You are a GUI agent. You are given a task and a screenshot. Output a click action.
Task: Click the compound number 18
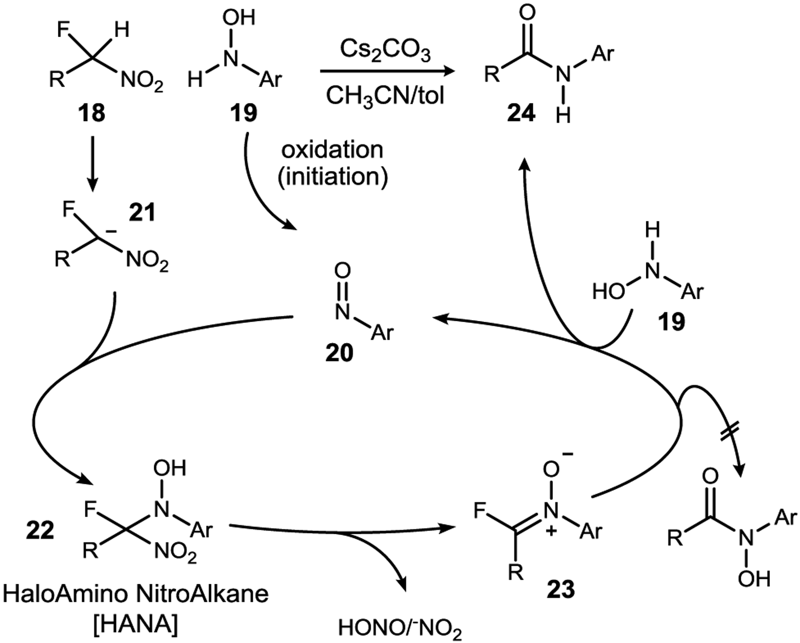coord(92,113)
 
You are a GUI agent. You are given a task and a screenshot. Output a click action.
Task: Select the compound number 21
coord(142,212)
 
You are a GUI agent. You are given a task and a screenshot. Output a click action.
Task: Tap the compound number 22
coord(40,530)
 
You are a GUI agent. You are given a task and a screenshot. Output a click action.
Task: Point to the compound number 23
coord(561,589)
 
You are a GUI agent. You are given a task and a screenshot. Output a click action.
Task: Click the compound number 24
coord(521,113)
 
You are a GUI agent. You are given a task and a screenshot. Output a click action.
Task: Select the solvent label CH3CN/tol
coord(385,96)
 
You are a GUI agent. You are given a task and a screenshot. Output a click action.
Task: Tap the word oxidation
coord(332,150)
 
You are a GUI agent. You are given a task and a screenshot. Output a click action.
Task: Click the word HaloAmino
coord(67,593)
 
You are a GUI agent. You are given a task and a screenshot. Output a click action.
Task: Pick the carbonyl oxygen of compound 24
coord(527,13)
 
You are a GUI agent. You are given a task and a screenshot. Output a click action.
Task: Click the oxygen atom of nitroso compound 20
coord(342,271)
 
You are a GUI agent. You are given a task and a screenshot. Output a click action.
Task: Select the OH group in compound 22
coord(169,468)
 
